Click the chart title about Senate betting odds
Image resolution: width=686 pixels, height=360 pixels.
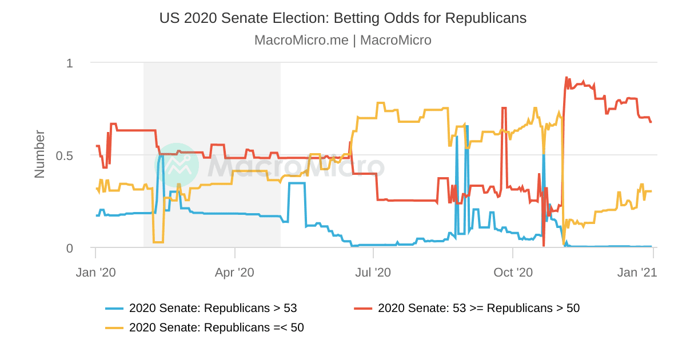click(343, 18)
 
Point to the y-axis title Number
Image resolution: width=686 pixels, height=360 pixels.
click(39, 154)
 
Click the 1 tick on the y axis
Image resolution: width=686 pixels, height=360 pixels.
click(70, 63)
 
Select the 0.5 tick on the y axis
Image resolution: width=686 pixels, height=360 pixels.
click(65, 155)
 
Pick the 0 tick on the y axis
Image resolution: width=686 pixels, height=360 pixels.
click(70, 248)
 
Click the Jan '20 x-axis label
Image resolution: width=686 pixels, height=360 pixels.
click(95, 273)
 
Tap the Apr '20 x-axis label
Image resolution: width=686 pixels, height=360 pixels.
click(234, 273)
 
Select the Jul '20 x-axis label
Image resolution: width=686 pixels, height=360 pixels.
click(373, 273)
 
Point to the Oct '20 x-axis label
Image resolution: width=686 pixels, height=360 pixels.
click(513, 273)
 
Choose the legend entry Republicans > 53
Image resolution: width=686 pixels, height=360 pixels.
click(213, 309)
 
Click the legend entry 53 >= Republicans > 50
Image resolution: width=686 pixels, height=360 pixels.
click(478, 309)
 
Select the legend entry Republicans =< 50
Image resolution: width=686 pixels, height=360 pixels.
click(217, 328)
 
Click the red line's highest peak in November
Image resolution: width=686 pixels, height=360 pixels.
click(567, 78)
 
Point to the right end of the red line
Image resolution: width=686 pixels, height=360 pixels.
click(651, 122)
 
